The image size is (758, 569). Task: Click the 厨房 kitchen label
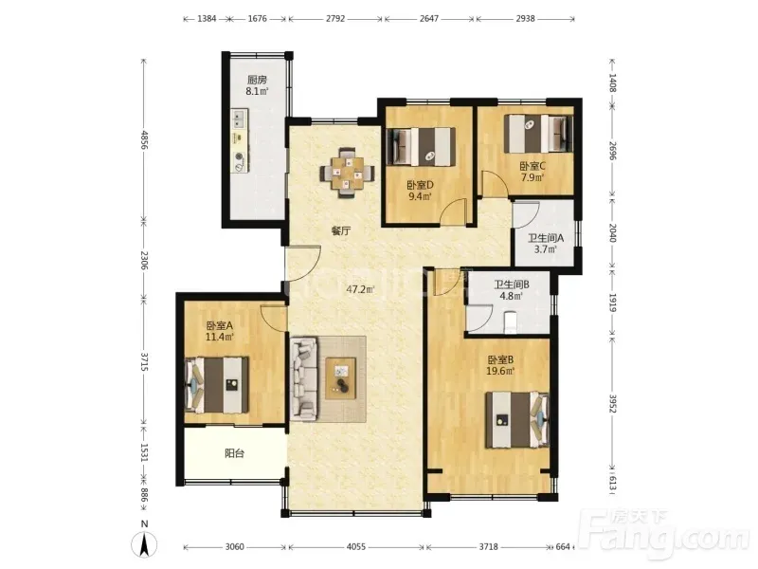point(257,80)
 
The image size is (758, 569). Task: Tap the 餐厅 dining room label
point(341,230)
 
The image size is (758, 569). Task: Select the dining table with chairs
point(347,172)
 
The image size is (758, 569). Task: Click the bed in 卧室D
point(421,146)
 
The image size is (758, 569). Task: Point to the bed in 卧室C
point(537,133)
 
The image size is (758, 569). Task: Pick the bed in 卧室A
point(217,385)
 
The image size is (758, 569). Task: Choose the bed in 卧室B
point(517,419)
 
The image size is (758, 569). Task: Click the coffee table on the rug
point(341,377)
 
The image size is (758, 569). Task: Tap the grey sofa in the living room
point(304,377)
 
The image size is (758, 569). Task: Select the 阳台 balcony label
point(234,453)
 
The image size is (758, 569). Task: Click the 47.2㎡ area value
point(361,290)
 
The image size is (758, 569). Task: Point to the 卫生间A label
point(546,238)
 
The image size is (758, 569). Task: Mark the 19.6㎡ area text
point(500,371)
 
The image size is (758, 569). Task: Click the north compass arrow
point(144,543)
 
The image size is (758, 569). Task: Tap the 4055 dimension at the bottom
point(356,547)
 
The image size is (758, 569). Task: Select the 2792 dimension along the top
point(335,18)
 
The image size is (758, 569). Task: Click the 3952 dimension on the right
point(612,404)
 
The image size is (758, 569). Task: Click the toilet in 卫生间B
point(510,322)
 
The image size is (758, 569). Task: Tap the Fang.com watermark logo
point(665,533)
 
